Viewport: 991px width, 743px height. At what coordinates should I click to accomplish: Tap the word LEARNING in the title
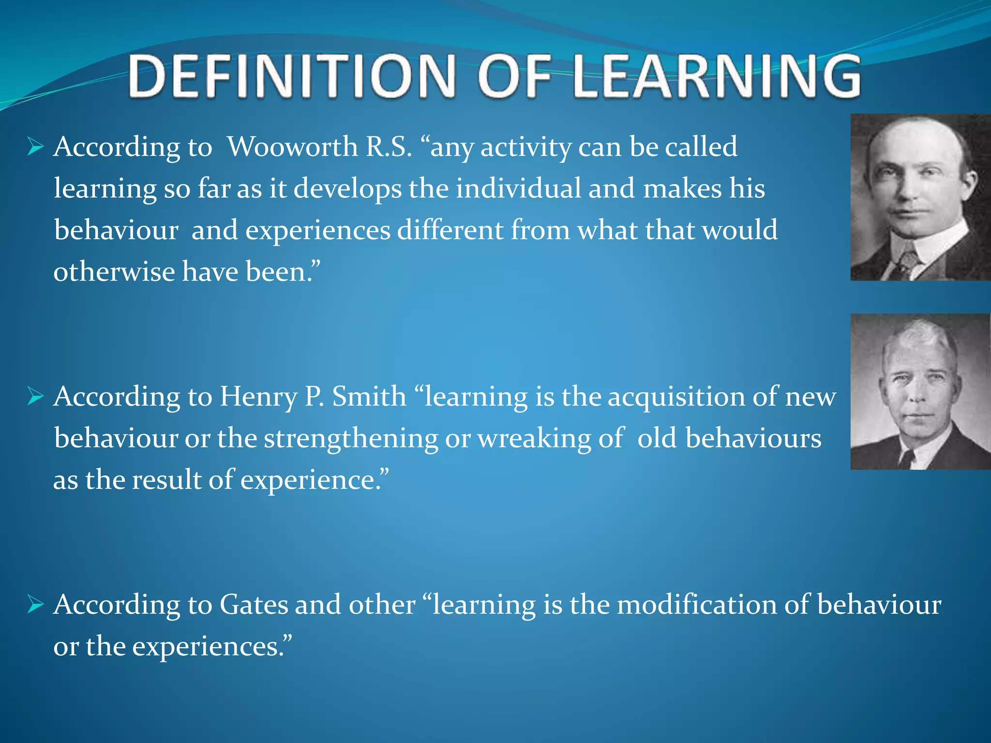tap(716, 76)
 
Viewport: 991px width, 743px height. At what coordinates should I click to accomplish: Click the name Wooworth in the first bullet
tap(292, 147)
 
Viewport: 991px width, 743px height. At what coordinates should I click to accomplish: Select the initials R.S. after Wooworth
tap(389, 147)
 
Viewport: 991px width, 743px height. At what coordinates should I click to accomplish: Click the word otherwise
tap(114, 271)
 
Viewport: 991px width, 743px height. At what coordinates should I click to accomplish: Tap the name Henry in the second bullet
tap(258, 397)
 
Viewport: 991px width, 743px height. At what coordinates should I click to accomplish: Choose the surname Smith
tap(369, 397)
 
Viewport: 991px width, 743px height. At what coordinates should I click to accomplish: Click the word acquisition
tap(676, 398)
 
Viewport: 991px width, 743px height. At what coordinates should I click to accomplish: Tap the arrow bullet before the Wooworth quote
tap(36, 147)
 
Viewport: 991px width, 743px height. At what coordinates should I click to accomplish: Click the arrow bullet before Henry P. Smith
tap(36, 397)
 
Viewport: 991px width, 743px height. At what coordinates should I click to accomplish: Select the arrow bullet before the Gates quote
tap(36, 605)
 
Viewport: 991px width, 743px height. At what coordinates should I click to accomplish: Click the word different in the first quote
tap(450, 230)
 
